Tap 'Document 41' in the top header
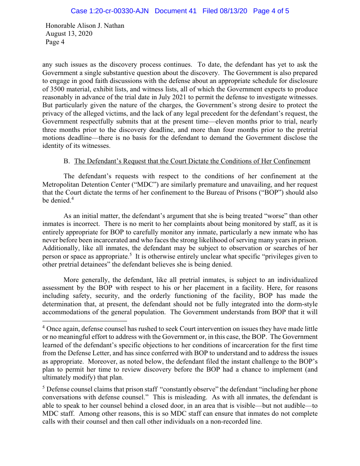[176, 11]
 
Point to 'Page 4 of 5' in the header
[271, 11]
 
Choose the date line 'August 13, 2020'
[69, 34]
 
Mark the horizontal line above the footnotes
[85, 321]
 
